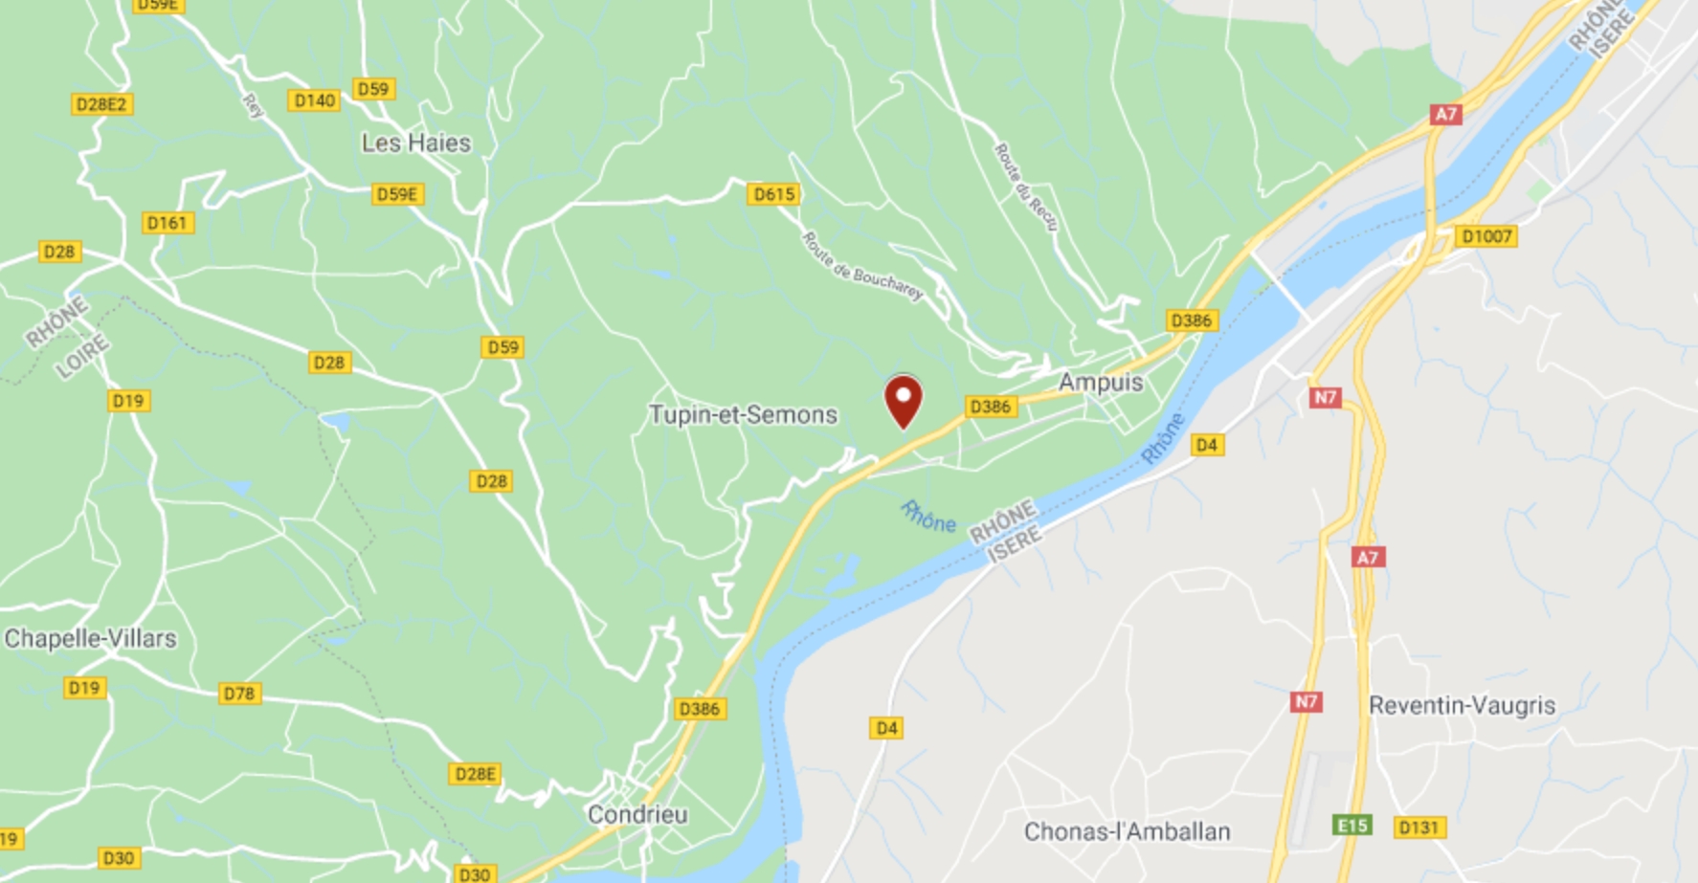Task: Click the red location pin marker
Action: coord(903,401)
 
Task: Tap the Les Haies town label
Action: coord(416,143)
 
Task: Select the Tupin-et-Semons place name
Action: coord(743,415)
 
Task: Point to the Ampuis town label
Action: coord(1101,383)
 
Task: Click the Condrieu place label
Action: coord(637,815)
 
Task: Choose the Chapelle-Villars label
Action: coord(91,639)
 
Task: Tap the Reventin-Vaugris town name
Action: coord(1462,706)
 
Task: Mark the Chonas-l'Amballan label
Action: coord(1127,832)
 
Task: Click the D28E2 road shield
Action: coord(101,104)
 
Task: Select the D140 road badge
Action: coord(314,100)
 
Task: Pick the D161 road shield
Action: coord(168,223)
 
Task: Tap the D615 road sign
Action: coord(773,194)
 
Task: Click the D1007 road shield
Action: coord(1486,236)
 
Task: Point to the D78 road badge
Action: coord(239,694)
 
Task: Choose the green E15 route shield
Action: coord(1352,825)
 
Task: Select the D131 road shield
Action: coord(1419,828)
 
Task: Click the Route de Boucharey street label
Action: coord(862,267)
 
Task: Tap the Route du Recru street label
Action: coord(1026,187)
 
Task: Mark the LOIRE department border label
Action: coord(81,359)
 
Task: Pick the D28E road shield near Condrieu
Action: coord(475,774)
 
